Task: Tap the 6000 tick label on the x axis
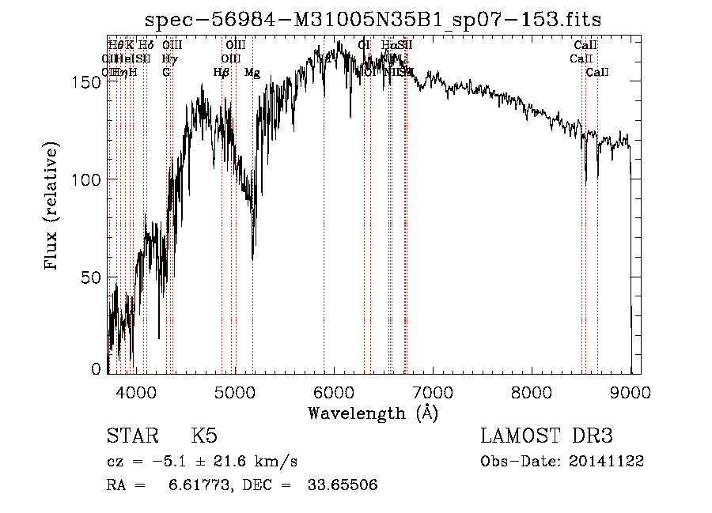(x=334, y=391)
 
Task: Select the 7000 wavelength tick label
(x=433, y=391)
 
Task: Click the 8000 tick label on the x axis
(x=532, y=391)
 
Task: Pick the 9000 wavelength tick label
(x=631, y=391)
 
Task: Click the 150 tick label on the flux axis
(x=89, y=82)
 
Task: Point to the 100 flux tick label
(x=89, y=180)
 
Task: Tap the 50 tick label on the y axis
(x=93, y=277)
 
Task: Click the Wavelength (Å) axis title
(x=373, y=413)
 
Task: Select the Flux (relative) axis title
(x=52, y=207)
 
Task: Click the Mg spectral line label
(x=252, y=73)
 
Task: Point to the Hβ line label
(x=222, y=73)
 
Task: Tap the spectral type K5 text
(x=204, y=436)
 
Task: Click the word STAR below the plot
(x=133, y=436)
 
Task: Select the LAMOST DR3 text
(x=546, y=436)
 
